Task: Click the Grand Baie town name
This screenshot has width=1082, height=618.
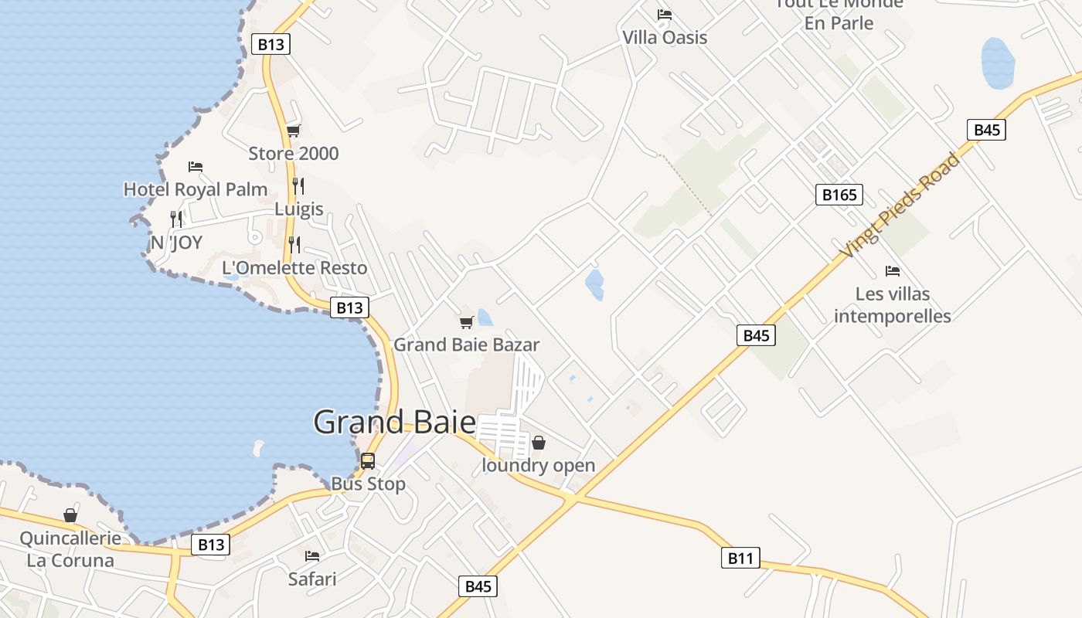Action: click(x=394, y=423)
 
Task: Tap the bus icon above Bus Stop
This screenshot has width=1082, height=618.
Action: click(x=368, y=461)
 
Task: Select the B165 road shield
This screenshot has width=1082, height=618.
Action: click(x=839, y=195)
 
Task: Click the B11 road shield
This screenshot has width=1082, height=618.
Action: click(x=740, y=558)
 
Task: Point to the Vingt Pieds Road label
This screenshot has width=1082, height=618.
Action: click(x=901, y=205)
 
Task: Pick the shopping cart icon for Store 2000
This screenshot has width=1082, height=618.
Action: click(x=293, y=131)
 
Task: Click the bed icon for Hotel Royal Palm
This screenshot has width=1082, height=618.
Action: click(x=196, y=167)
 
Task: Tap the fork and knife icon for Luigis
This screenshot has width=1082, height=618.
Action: click(x=298, y=186)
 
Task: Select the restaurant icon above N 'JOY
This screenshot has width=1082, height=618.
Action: click(x=176, y=219)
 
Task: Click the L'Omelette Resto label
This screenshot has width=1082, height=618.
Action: click(x=294, y=268)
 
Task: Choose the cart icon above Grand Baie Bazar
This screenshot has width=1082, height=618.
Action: click(x=466, y=322)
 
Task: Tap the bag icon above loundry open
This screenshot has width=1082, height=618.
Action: click(x=539, y=443)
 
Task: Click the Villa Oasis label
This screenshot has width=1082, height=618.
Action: click(x=665, y=37)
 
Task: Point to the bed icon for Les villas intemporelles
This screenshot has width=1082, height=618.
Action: click(x=893, y=271)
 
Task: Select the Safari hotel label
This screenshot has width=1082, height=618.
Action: click(x=312, y=579)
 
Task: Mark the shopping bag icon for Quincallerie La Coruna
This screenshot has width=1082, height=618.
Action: click(x=70, y=515)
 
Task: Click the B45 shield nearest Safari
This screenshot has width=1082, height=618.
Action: click(x=478, y=586)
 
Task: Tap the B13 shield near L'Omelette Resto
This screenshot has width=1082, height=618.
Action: click(x=349, y=307)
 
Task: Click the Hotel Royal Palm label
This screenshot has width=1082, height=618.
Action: click(x=196, y=189)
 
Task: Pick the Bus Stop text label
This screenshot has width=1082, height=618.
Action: click(x=368, y=484)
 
